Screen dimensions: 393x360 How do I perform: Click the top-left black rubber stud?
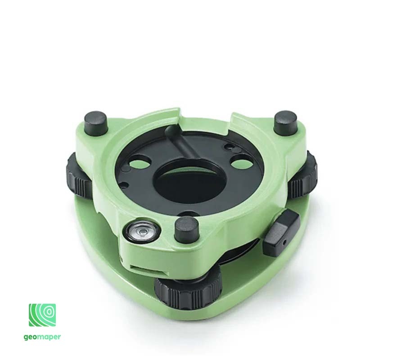click(96, 123)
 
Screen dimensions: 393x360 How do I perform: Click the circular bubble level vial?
click(141, 232)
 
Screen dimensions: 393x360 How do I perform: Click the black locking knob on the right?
click(281, 233)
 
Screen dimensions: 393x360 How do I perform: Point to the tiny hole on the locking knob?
click(285, 243)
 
